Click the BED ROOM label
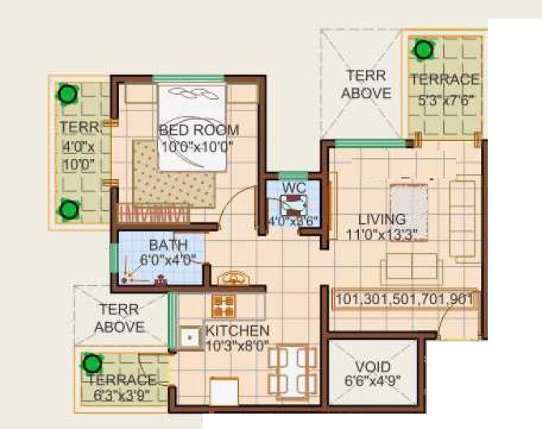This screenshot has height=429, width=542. tap(198, 130)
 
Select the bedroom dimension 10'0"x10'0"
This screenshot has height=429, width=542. tap(197, 147)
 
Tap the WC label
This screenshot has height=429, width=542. tap(292, 188)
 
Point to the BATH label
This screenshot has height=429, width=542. tap(168, 244)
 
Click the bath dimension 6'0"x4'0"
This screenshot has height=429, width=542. tap(168, 260)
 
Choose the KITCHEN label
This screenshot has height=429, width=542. tap(237, 331)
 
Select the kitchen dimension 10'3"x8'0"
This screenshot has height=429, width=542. tap(237, 345)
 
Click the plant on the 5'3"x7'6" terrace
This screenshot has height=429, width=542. tap(423, 50)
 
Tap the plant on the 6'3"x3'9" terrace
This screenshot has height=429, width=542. tap(94, 363)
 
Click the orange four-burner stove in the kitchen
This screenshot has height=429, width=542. tap(224, 306)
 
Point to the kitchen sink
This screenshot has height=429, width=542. tap(190, 336)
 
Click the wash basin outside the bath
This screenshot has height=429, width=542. tap(235, 279)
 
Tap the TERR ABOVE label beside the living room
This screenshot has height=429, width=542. tap(365, 84)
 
